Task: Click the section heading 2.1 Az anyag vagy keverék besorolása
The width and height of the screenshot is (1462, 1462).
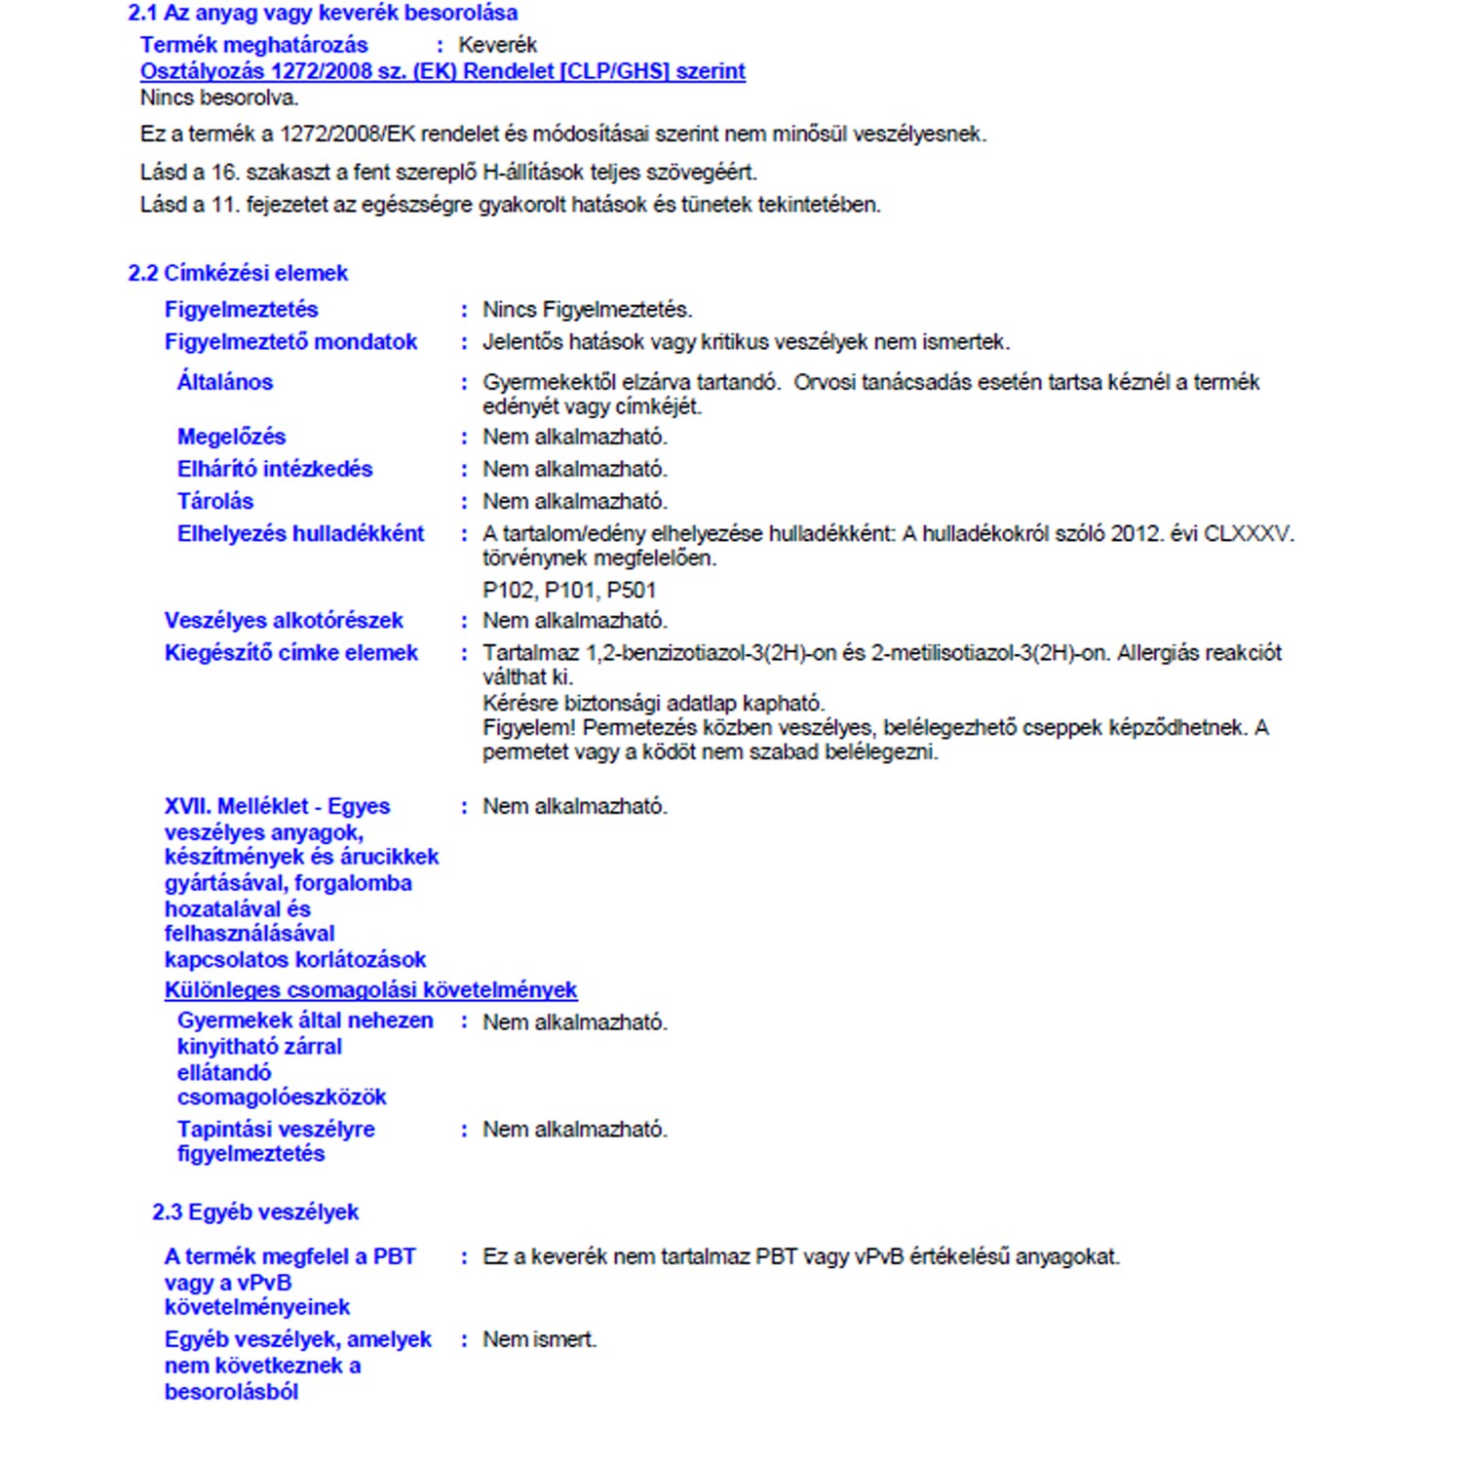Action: [323, 14]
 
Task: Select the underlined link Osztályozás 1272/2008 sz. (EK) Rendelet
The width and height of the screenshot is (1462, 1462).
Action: [442, 71]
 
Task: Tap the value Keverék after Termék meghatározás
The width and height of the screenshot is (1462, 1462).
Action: [497, 45]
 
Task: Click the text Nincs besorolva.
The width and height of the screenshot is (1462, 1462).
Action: [219, 97]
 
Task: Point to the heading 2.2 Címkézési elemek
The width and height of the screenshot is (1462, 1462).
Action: [238, 273]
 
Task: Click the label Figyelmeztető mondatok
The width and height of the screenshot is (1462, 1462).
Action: [290, 342]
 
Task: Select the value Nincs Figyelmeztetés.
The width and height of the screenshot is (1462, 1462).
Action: [587, 310]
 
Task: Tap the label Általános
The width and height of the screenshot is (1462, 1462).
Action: [225, 382]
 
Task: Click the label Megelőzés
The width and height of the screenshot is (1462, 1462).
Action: [231, 437]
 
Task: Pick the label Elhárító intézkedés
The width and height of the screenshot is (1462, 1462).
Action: [275, 469]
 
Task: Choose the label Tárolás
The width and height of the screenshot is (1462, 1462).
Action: [215, 501]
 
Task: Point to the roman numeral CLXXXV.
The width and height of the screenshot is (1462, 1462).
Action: [1248, 534]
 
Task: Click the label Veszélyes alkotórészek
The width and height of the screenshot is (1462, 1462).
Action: [284, 621]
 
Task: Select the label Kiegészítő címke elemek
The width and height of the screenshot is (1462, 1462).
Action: [290, 653]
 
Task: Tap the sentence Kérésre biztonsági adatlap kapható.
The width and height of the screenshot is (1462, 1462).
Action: [653, 703]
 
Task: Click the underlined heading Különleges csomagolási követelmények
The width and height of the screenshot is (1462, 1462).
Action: [370, 990]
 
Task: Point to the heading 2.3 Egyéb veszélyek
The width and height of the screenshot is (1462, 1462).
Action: [255, 1212]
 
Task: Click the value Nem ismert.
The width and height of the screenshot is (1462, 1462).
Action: [539, 1340]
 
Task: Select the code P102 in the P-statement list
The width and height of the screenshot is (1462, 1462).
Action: [508, 590]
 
